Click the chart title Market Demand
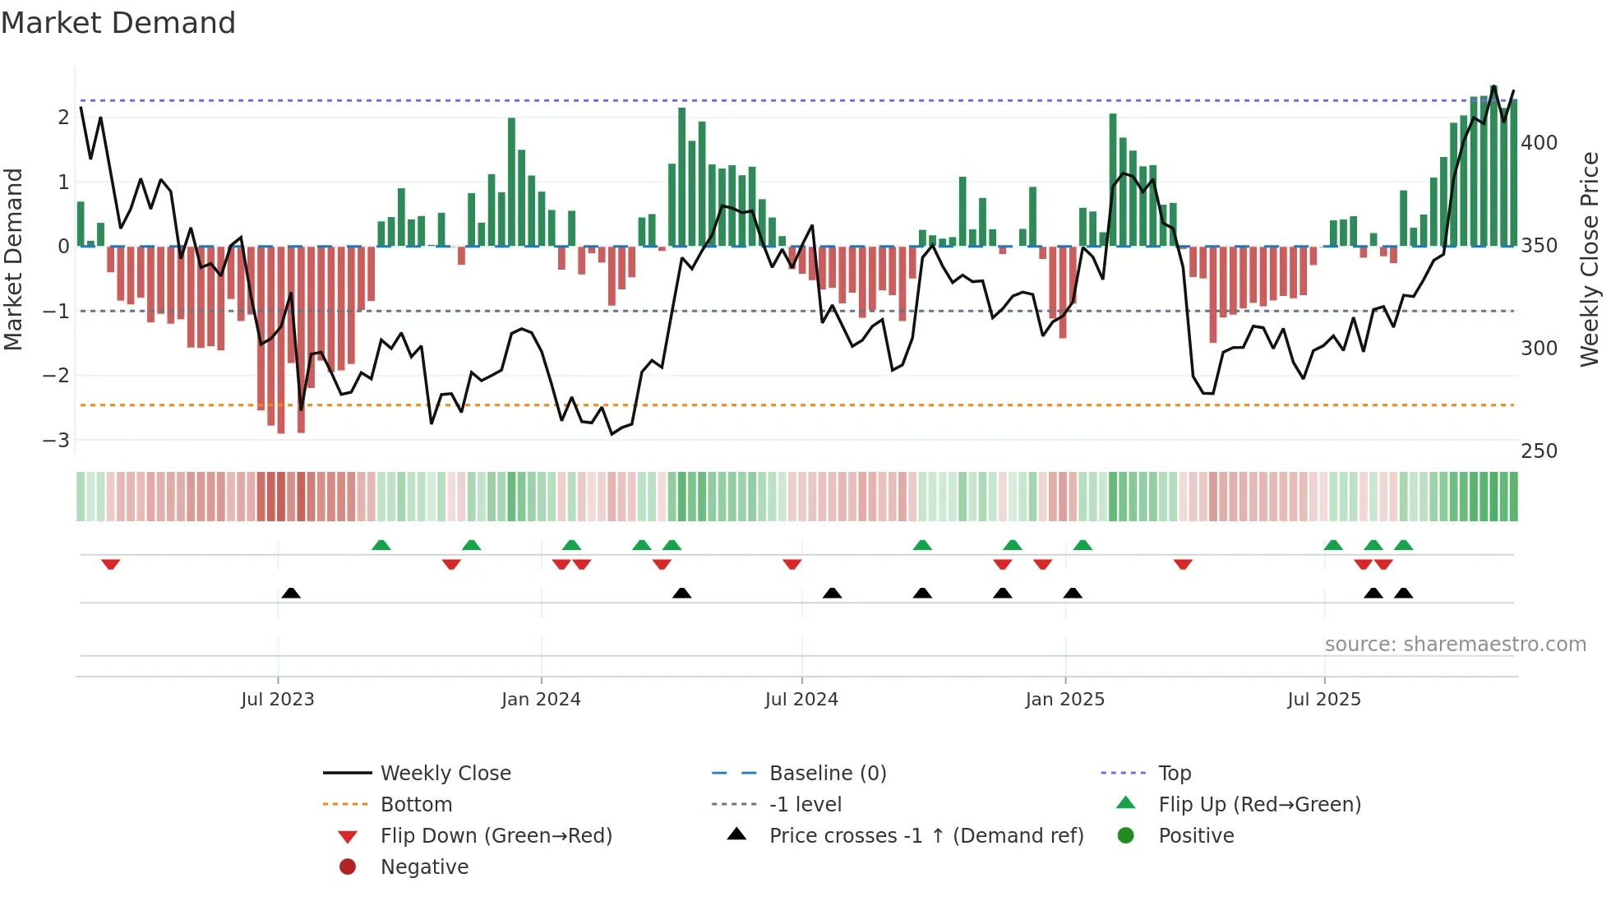click(118, 23)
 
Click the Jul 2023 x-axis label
click(277, 700)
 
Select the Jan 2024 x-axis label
click(541, 700)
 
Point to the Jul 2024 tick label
click(801, 700)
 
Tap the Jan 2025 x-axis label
click(1064, 700)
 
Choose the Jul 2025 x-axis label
click(1324, 700)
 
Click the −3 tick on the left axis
click(56, 440)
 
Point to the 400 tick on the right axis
click(1539, 143)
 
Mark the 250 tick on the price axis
click(1539, 451)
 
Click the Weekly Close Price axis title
click(1590, 259)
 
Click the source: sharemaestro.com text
click(1455, 645)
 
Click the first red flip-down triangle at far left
click(110, 564)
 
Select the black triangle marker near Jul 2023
click(290, 593)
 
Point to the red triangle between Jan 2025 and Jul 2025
click(1183, 564)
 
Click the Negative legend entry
click(424, 867)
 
